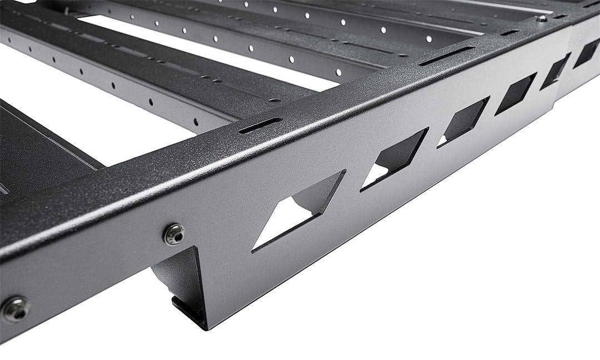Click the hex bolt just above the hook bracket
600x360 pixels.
tap(174, 234)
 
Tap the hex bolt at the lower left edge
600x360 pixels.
tap(15, 309)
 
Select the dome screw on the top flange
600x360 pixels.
tap(542, 18)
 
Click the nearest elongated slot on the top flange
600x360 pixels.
tap(261, 125)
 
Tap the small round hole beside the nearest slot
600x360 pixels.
tap(274, 101)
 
